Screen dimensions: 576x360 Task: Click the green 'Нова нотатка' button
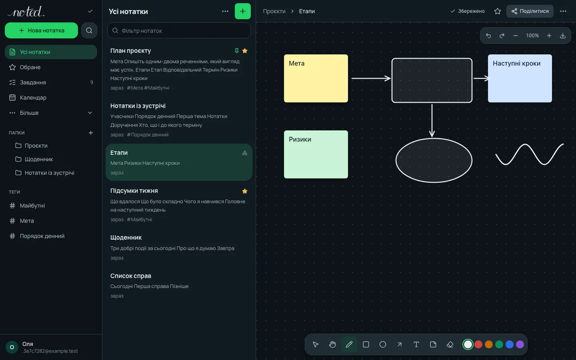click(x=41, y=30)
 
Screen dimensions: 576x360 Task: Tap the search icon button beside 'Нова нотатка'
click(x=89, y=30)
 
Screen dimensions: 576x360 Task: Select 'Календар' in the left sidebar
click(x=33, y=98)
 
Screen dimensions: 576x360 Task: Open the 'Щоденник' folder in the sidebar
click(x=38, y=159)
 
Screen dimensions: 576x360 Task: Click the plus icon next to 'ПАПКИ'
click(x=91, y=133)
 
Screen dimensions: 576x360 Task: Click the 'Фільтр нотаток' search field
click(x=179, y=30)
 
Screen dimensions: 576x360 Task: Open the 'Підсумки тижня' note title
click(x=134, y=190)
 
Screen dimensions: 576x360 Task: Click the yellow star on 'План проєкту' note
click(x=245, y=51)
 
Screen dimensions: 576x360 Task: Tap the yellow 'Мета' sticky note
click(x=316, y=78)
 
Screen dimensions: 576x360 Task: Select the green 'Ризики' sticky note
click(x=316, y=154)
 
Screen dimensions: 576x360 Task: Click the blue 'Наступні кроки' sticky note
click(x=520, y=78)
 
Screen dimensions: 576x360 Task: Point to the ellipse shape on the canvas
click(x=396, y=160)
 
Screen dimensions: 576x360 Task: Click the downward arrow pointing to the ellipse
click(x=432, y=120)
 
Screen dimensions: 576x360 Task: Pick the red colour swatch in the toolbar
click(x=478, y=344)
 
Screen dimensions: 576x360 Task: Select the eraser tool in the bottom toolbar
click(x=450, y=344)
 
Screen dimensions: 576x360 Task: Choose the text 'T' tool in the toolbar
click(x=416, y=344)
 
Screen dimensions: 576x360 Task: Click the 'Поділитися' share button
click(x=530, y=11)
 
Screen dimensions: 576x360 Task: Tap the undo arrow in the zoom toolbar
click(x=488, y=36)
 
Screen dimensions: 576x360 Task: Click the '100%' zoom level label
click(x=532, y=36)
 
